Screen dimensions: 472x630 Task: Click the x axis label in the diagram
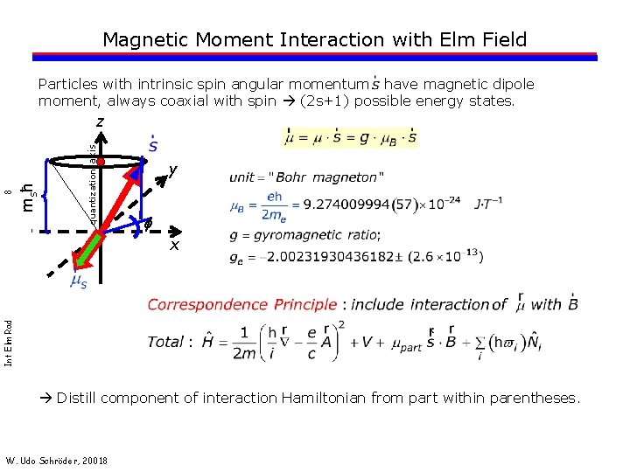pyautogui.click(x=174, y=246)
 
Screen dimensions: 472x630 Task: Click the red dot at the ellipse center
pyautogui.click(x=101, y=163)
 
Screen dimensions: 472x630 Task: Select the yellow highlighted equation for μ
pyautogui.click(x=350, y=138)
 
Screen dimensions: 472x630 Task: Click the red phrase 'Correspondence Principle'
pyautogui.click(x=242, y=304)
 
